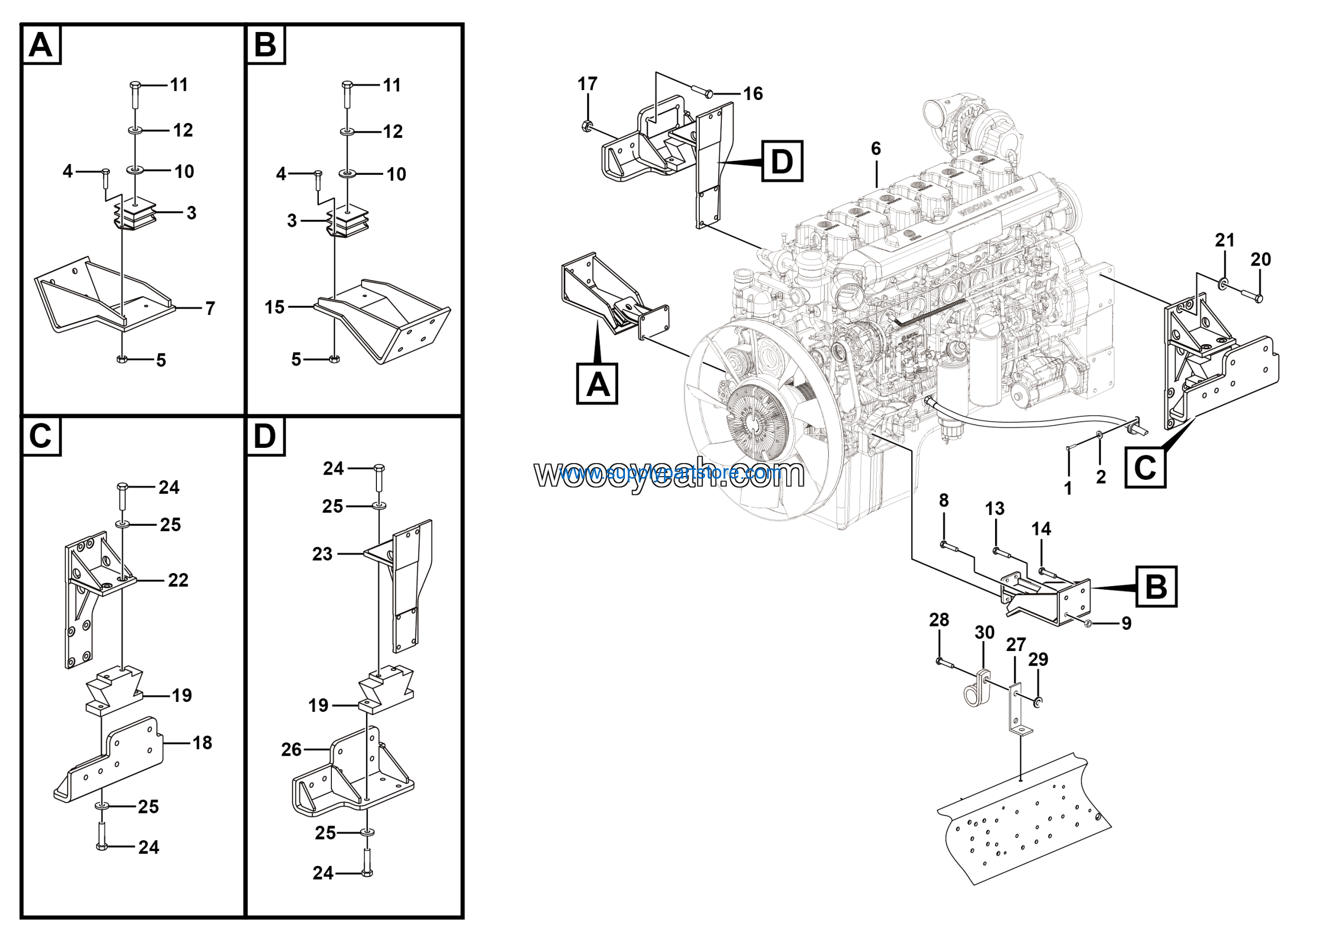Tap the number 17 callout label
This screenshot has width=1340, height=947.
(587, 84)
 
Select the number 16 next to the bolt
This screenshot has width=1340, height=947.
(752, 93)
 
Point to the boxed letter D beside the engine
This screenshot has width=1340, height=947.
(782, 161)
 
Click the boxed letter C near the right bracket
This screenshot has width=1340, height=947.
(1145, 467)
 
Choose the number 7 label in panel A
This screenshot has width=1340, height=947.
(210, 309)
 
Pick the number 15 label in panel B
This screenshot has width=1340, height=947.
(274, 307)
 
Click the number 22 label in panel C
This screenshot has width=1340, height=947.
(178, 580)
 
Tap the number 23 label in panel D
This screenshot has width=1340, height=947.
(322, 554)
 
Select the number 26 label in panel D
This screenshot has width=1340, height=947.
(291, 749)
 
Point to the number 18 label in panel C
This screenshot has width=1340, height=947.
(202, 743)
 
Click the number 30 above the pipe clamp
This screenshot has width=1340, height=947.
(985, 632)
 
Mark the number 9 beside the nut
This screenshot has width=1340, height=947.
(1126, 623)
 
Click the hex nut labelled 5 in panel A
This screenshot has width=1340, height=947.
(122, 359)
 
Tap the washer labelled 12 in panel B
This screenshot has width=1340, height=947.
(347, 132)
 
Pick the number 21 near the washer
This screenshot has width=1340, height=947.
(1224, 240)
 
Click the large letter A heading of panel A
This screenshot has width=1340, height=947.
(41, 45)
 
